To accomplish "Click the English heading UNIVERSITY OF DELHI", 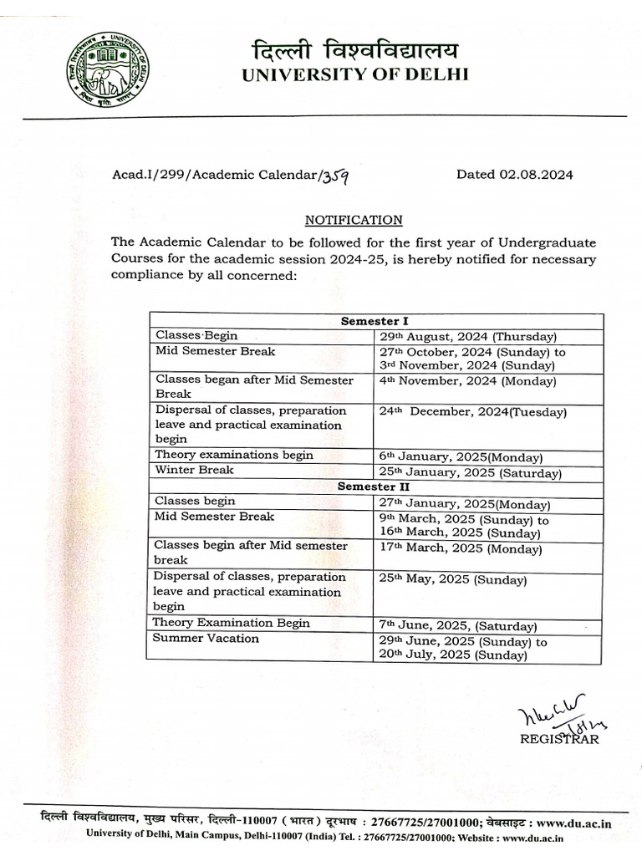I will point(355,75).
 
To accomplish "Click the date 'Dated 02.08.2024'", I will point(514,175).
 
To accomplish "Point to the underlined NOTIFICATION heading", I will point(354,220).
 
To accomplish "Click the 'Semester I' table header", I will point(374,321).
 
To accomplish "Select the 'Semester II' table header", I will point(373,487).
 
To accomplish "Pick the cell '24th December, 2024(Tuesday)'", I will point(472,412).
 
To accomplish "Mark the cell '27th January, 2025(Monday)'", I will point(464,504).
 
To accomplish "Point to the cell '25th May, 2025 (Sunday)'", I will point(452,580).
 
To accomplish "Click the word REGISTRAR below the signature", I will point(559,738).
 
